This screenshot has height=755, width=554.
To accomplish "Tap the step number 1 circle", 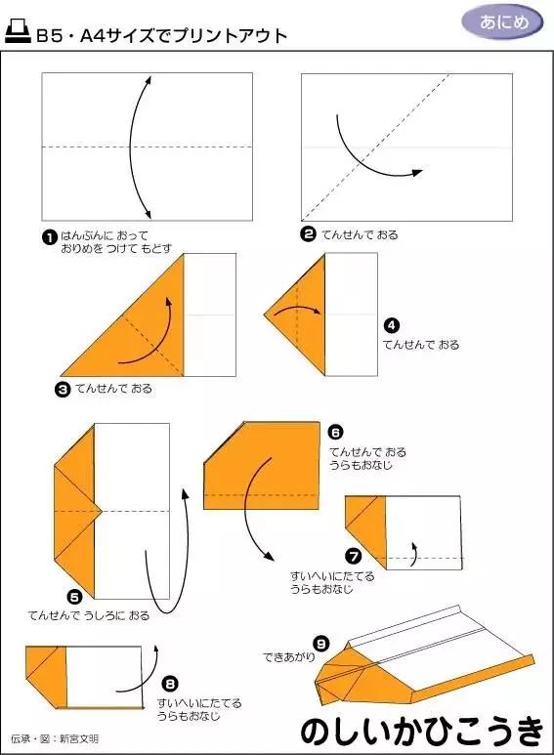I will point(47,236).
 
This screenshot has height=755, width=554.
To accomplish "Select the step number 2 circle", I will point(308,234).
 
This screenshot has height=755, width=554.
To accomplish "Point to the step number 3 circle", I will point(62,388).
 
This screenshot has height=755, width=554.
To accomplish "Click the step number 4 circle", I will point(391,325).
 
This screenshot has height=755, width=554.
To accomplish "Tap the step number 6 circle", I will point(335,431).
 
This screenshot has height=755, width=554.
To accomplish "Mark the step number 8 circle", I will point(170,684).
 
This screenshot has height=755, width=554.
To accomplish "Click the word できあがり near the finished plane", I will point(288,657).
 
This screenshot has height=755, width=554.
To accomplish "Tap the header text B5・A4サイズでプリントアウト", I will point(162,36).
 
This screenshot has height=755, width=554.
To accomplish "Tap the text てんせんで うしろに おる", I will point(89,615).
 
